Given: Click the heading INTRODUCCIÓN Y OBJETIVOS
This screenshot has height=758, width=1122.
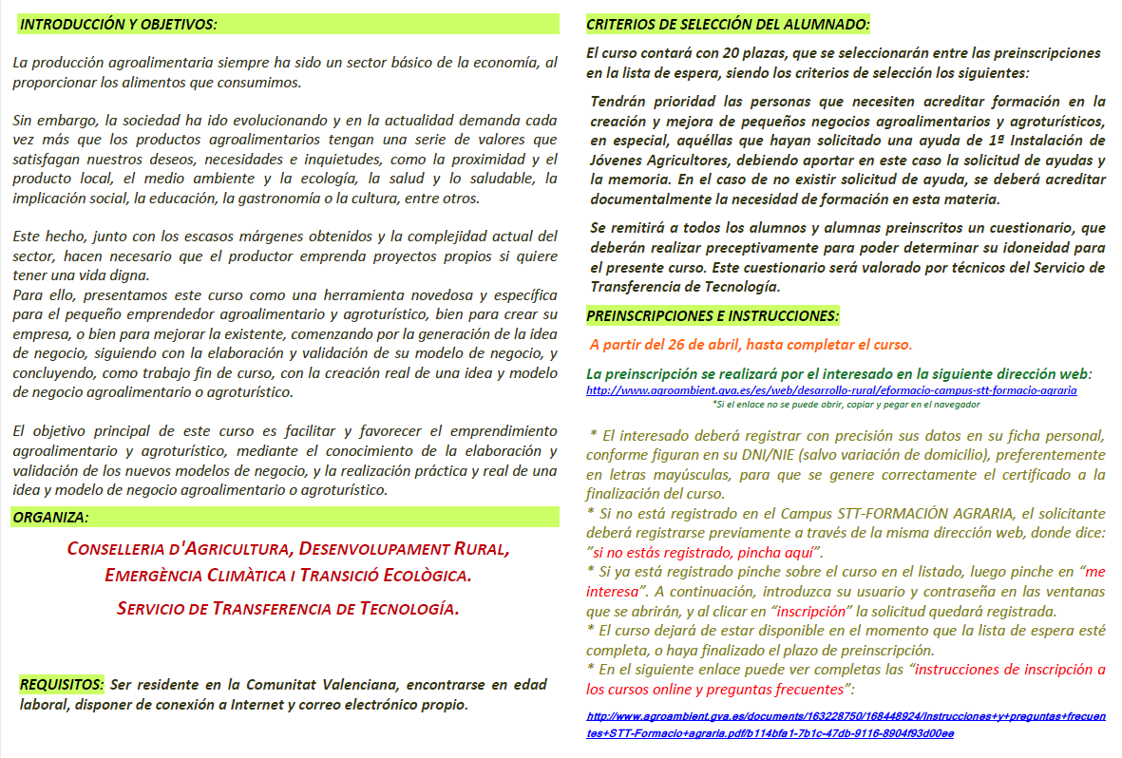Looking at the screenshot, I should (x=118, y=24).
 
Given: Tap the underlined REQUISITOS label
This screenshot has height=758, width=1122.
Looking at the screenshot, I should (x=61, y=685).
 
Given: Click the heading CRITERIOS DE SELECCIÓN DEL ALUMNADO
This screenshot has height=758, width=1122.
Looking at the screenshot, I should (x=728, y=24).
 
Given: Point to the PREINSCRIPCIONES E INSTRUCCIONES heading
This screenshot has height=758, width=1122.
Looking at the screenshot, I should (x=713, y=315).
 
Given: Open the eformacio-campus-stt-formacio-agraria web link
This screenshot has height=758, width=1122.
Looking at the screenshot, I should (x=831, y=390).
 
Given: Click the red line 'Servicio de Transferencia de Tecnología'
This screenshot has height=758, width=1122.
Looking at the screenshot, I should (x=288, y=608).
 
